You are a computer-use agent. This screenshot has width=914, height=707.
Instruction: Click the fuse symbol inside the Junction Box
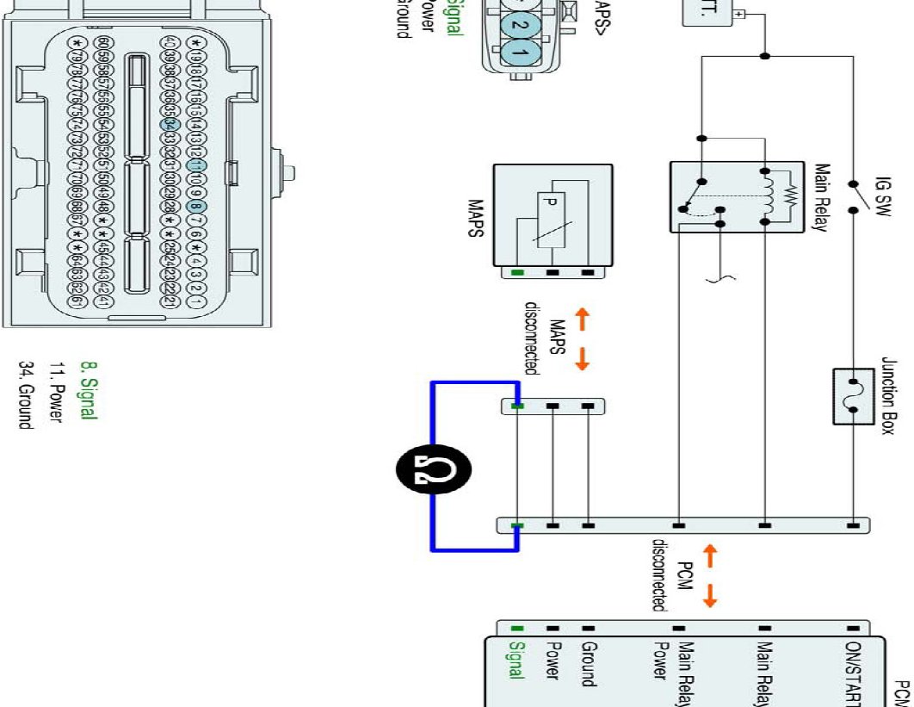point(854,397)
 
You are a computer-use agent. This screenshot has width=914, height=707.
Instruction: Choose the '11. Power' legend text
point(56,392)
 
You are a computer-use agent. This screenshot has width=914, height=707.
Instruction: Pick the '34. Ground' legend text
point(27,394)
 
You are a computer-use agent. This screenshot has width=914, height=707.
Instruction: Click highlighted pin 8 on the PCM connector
point(196,207)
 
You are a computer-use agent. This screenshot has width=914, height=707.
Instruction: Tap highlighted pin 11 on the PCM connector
point(196,164)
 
